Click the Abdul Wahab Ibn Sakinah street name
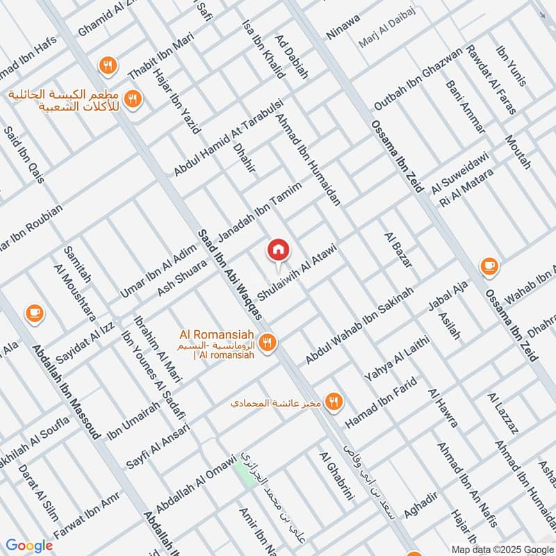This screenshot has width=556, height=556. pyautogui.click(x=360, y=325)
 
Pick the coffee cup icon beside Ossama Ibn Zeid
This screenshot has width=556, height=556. pyautogui.click(x=489, y=265)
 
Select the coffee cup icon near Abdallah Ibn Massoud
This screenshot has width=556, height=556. pyautogui.click(x=33, y=313)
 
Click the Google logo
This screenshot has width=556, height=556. pyautogui.click(x=28, y=546)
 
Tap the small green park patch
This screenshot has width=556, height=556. pyautogui.click(x=243, y=473)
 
